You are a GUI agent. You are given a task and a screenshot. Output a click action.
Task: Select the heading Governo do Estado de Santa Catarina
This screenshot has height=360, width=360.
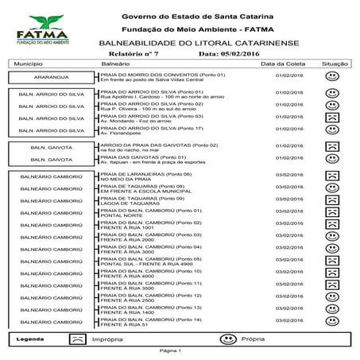(x=195, y=16)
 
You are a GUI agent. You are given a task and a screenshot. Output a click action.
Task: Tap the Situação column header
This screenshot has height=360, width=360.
(x=335, y=63)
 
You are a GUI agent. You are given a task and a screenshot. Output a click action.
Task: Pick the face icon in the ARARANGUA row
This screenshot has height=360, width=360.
(x=331, y=76)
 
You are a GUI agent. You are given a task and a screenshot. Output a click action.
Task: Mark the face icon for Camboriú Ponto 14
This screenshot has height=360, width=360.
(x=331, y=321)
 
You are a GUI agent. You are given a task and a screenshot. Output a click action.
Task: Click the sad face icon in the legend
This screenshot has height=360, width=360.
(x=76, y=339)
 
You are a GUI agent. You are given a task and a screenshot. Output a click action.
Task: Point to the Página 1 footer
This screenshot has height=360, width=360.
(x=170, y=350)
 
